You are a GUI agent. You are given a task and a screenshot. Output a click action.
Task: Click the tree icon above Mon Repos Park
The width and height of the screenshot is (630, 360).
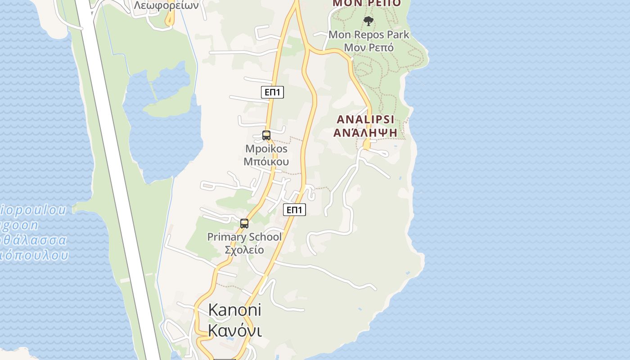click(x=369, y=21)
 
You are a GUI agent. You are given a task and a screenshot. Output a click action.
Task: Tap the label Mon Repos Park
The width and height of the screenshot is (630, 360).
click(x=369, y=35)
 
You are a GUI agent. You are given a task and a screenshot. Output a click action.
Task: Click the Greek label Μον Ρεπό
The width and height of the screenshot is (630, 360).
click(x=369, y=47)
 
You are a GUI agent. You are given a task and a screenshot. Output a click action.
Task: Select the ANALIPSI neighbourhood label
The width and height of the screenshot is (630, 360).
click(x=365, y=120)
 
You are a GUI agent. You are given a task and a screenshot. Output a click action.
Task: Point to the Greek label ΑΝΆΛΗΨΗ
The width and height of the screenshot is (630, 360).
click(x=365, y=132)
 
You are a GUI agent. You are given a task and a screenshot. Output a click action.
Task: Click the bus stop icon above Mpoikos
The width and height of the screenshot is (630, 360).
click(x=266, y=135)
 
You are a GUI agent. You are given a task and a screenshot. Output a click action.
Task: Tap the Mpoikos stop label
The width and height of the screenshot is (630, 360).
click(x=266, y=149)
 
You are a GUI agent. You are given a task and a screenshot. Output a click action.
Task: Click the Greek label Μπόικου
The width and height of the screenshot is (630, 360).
click(x=266, y=162)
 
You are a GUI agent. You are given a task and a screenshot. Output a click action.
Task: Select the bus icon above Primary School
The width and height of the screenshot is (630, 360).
click(x=244, y=223)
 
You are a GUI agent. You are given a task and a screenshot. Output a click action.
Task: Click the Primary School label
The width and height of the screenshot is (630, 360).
click(x=244, y=237)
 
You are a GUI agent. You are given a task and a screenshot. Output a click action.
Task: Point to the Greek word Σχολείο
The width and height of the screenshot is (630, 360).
click(x=244, y=250)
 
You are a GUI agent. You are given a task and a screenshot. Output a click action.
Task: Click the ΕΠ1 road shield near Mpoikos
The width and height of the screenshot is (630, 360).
click(x=272, y=92)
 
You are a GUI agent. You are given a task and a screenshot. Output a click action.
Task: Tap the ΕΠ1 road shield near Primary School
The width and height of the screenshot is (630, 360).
click(x=295, y=210)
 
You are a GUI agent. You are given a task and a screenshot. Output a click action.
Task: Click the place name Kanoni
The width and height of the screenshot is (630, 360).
click(x=234, y=310)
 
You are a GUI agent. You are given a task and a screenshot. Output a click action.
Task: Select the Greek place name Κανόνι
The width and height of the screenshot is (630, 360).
click(x=234, y=331)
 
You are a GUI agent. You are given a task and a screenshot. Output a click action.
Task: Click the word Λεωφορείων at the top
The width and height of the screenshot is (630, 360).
click(x=166, y=5)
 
